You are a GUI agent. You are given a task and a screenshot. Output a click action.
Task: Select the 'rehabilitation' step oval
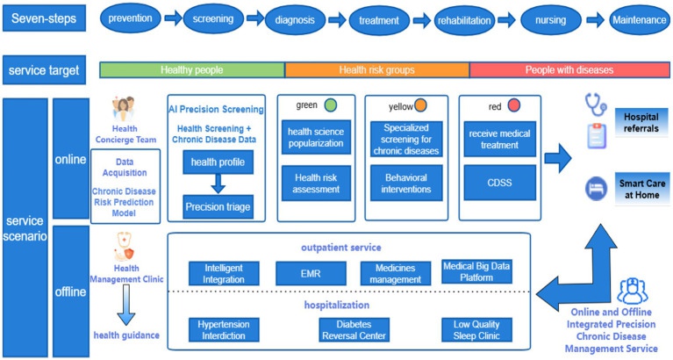pyautogui.click(x=471, y=18)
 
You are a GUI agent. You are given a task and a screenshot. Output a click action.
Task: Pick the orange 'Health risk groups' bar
pyautogui.click(x=376, y=69)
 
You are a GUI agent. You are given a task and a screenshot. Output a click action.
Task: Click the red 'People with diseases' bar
pyautogui.click(x=569, y=69)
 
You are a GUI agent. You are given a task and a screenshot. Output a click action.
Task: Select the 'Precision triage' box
pyautogui.click(x=216, y=207)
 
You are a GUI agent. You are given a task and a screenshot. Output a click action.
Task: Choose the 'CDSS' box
pyautogui.click(x=497, y=184)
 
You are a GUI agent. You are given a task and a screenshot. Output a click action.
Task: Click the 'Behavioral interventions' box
pyautogui.click(x=406, y=184)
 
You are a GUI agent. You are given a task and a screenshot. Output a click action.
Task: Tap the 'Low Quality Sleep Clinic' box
pyautogui.click(x=476, y=329)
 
